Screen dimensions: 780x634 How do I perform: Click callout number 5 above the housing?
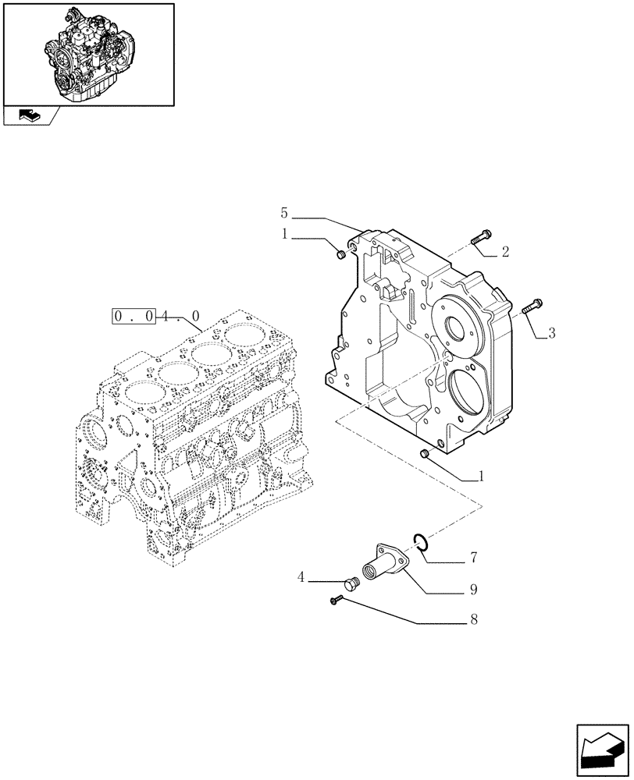point(284,213)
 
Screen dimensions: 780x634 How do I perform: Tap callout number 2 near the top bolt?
point(505,252)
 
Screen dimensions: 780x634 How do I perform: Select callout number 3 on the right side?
point(551,334)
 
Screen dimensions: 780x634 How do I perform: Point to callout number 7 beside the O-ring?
point(473,558)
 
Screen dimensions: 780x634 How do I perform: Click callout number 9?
point(473,590)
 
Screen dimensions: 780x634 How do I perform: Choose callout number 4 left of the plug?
point(301,578)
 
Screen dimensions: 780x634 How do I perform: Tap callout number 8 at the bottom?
point(474,621)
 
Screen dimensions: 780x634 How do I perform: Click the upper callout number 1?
point(286,233)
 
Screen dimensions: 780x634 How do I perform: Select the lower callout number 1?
point(481,475)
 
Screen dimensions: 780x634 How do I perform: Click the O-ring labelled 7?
point(419,540)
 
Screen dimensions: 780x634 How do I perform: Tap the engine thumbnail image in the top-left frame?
point(87,54)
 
